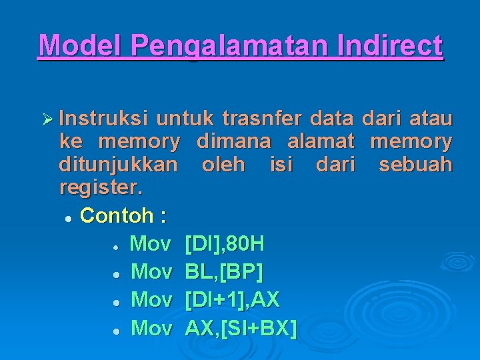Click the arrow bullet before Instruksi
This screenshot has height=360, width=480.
coord(46,119)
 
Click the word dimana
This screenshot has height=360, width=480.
coord(233,141)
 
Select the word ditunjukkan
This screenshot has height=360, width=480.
coord(119,164)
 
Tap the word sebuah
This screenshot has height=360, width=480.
coord(415,164)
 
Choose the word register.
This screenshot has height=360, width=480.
coord(101,187)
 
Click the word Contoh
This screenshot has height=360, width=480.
coord(115,215)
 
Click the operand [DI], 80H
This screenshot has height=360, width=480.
coord(224,244)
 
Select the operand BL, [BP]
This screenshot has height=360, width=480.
coord(224,272)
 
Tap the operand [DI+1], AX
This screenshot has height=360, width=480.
coord(232,300)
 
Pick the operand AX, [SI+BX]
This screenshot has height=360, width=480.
coord(241,328)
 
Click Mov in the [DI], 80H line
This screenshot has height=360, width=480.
coord(151,244)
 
